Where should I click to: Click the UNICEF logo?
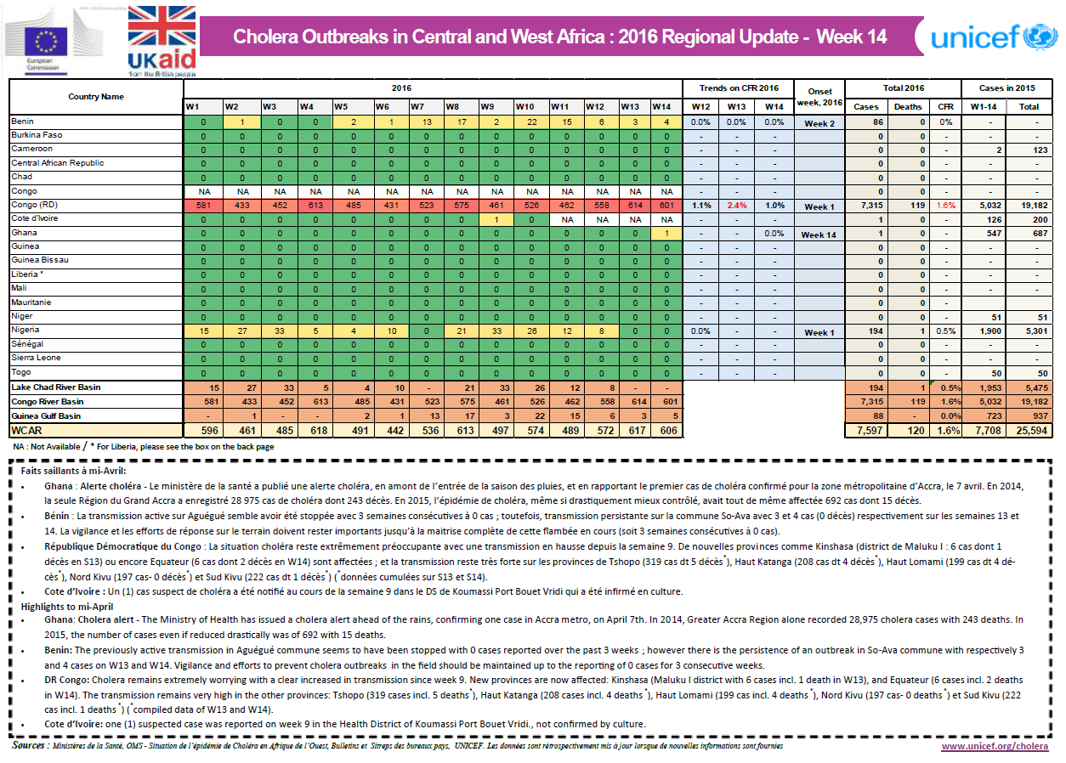point(992,37)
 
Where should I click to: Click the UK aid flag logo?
point(162,39)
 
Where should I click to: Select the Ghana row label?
point(23,233)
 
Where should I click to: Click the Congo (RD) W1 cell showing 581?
point(202,205)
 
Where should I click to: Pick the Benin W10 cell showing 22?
point(524,122)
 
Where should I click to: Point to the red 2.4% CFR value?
point(736,205)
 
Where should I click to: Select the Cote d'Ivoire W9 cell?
point(487,218)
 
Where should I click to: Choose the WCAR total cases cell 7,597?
point(866,431)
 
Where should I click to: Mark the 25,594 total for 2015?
point(1029,431)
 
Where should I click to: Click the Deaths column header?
point(908,107)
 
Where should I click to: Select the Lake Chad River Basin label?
point(54,387)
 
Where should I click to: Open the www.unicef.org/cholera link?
point(995,746)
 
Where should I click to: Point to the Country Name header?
point(96,96)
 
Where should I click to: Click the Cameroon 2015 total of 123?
point(1029,150)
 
